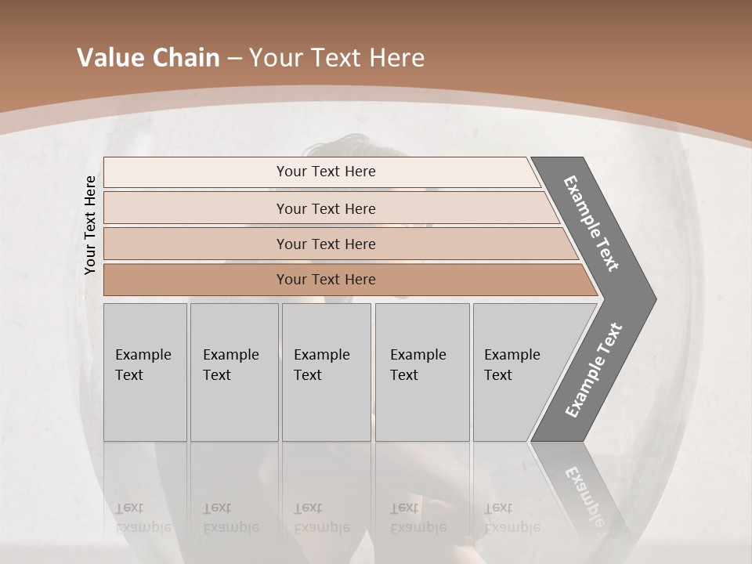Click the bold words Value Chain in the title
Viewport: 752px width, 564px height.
point(148,58)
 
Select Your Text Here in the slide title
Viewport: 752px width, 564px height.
point(337,58)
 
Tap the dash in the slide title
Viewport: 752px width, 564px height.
point(234,59)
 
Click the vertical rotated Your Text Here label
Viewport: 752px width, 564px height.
point(91,225)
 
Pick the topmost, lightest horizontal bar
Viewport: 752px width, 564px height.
point(325,172)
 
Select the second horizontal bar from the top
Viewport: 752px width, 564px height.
point(325,208)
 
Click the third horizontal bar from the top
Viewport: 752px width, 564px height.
point(325,244)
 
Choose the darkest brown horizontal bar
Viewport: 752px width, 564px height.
point(325,280)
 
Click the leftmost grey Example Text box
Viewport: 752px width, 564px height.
point(145,372)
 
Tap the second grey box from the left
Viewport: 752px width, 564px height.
point(233,372)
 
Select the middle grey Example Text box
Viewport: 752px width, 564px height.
point(326,372)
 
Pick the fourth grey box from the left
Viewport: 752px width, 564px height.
point(421,372)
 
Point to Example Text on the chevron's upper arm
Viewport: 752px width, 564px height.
point(591,223)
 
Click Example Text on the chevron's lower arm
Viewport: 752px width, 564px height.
point(594,370)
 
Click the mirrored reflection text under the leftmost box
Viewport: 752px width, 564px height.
point(143,518)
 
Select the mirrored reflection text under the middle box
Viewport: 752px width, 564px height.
point(321,518)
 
